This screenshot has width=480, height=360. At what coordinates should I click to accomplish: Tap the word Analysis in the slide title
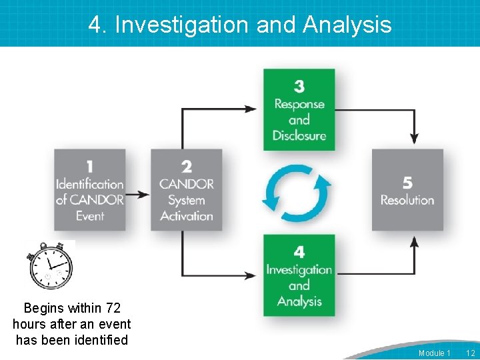[x=347, y=25]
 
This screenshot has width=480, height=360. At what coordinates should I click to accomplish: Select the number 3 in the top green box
[x=299, y=87]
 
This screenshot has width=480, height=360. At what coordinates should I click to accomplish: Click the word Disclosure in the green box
[x=299, y=135]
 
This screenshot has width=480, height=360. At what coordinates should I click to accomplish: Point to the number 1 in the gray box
[x=90, y=166]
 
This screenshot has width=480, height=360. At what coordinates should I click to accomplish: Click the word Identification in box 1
[x=90, y=184]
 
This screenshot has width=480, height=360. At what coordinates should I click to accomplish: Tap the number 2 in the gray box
[x=187, y=166]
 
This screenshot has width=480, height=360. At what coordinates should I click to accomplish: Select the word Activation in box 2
[x=187, y=216]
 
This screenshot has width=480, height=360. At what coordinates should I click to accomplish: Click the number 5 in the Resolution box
[x=407, y=182]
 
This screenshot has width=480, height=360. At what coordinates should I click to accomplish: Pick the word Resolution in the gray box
[x=407, y=200]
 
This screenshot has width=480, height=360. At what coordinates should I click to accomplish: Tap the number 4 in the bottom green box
[x=299, y=252]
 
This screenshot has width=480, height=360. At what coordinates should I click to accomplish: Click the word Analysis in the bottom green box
[x=299, y=301]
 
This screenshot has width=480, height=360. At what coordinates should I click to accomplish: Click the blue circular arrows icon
[x=297, y=194]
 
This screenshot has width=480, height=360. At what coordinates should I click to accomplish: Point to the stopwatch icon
[x=51, y=265]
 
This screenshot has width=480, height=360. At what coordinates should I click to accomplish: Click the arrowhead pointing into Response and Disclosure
[x=251, y=108]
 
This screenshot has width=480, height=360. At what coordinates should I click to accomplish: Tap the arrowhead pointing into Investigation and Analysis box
[x=251, y=275]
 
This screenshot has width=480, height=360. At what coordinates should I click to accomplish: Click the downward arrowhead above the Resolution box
[x=414, y=139]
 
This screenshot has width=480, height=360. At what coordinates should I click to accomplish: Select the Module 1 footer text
[x=434, y=353]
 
